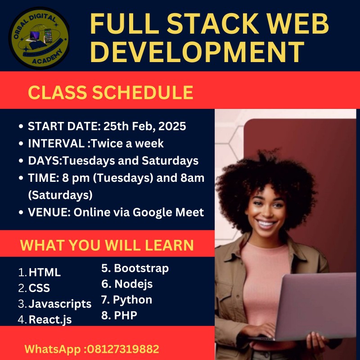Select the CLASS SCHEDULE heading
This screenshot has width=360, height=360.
111,92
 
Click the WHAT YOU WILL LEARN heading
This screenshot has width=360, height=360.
107,245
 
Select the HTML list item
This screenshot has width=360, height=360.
45,272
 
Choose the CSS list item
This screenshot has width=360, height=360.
39,288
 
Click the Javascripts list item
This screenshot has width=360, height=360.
60,304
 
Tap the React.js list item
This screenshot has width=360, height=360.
50,319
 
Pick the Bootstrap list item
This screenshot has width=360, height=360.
141,269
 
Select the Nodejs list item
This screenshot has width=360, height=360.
133,284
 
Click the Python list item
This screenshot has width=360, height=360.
132,300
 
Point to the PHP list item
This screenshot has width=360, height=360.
126,315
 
